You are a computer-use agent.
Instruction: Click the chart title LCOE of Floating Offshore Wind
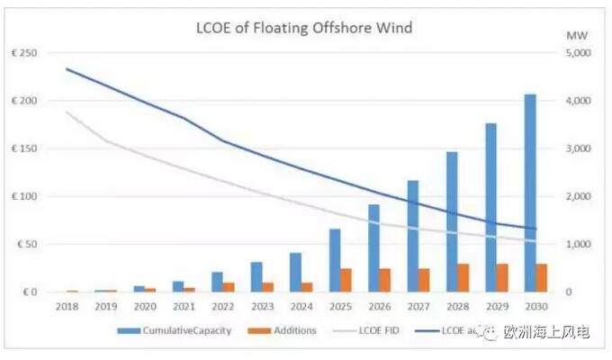point(303,28)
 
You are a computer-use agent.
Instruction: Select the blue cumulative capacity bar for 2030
point(530,193)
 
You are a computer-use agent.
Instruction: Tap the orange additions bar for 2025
point(346,280)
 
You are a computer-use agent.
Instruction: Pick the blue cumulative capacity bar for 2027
point(413,236)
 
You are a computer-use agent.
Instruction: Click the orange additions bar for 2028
point(463,278)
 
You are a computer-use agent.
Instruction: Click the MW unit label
point(573,34)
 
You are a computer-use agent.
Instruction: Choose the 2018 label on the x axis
point(67,307)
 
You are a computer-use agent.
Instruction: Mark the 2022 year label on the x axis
point(224,307)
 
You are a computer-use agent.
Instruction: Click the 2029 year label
point(498,307)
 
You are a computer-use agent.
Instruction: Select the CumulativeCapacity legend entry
point(179,330)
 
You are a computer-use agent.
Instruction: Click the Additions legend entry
point(287,330)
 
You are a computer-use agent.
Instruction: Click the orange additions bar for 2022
point(229,287)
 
